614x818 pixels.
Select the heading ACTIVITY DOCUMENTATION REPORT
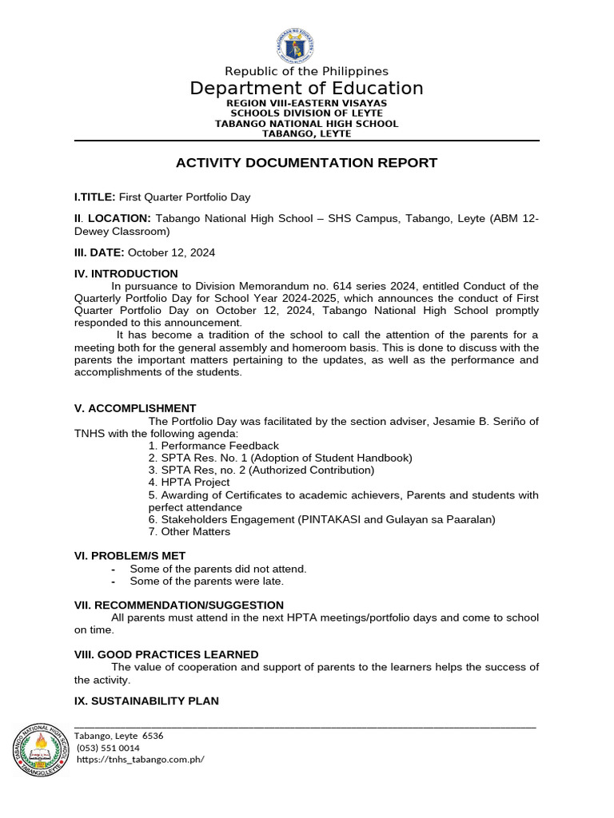[306, 163]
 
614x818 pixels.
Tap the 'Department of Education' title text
[306, 88]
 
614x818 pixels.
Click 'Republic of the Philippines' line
[306, 72]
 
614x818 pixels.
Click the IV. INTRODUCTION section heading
[126, 274]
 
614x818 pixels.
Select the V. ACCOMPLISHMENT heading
[135, 408]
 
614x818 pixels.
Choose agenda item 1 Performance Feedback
[213, 446]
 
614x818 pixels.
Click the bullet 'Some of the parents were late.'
[206, 582]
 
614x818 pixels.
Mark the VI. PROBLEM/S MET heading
[130, 555]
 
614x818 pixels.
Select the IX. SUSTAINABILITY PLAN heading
[146, 701]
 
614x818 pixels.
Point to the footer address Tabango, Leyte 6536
[118, 736]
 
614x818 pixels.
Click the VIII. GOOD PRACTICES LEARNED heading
[166, 654]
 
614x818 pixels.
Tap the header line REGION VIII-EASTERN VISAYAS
[306, 104]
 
